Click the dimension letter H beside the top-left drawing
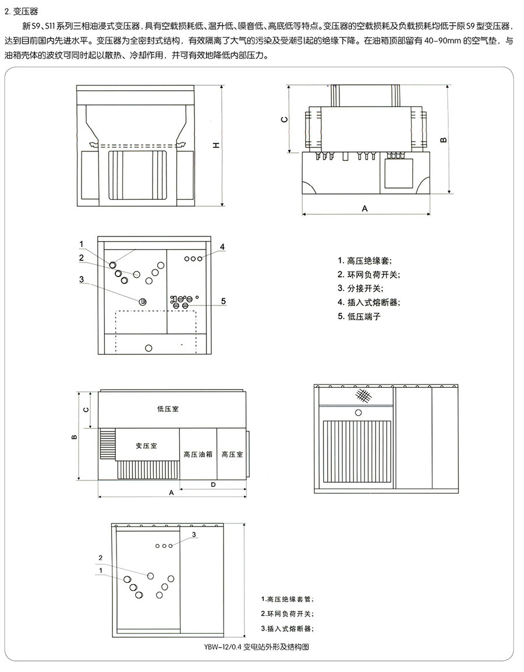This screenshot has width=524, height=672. coord(215,146)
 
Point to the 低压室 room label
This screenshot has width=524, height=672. coord(168,409)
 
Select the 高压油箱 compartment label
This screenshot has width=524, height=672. coord(198,454)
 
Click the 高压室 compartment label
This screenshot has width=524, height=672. coord(232,454)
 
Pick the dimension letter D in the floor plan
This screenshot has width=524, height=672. coord(213,484)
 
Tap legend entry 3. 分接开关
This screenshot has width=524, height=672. coord(360,288)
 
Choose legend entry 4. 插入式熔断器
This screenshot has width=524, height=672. coord(369,302)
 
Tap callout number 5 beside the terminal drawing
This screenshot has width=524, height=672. coord(223,300)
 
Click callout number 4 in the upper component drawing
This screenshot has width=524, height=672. coord(222,246)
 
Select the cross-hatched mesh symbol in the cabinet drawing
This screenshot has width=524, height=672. coord(363,396)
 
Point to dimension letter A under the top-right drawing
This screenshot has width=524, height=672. coord(365,208)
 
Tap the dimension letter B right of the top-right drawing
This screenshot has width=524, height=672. coord(443,140)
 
